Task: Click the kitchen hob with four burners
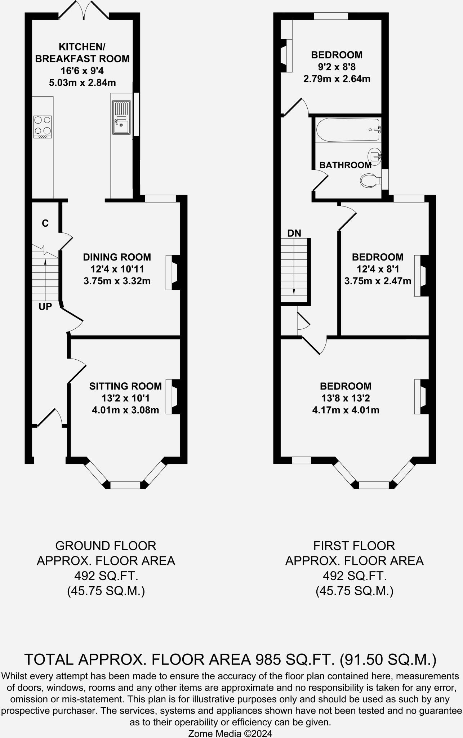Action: tap(43, 126)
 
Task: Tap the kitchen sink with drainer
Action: tap(121, 118)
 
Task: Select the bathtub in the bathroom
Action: tap(348, 130)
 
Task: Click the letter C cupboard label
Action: tap(45, 223)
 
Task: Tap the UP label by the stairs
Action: tap(45, 307)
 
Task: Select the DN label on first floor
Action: tap(294, 233)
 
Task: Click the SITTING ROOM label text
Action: tap(125, 386)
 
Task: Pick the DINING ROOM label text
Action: tap(117, 257)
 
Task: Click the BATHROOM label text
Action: tap(345, 165)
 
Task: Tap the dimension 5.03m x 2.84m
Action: tap(82, 83)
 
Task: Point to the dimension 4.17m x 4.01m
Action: tap(346, 410)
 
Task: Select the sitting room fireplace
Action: tap(173, 396)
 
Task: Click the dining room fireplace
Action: tap(173, 272)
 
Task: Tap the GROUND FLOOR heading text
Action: tap(106, 546)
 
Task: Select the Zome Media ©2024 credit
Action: tap(231, 733)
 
